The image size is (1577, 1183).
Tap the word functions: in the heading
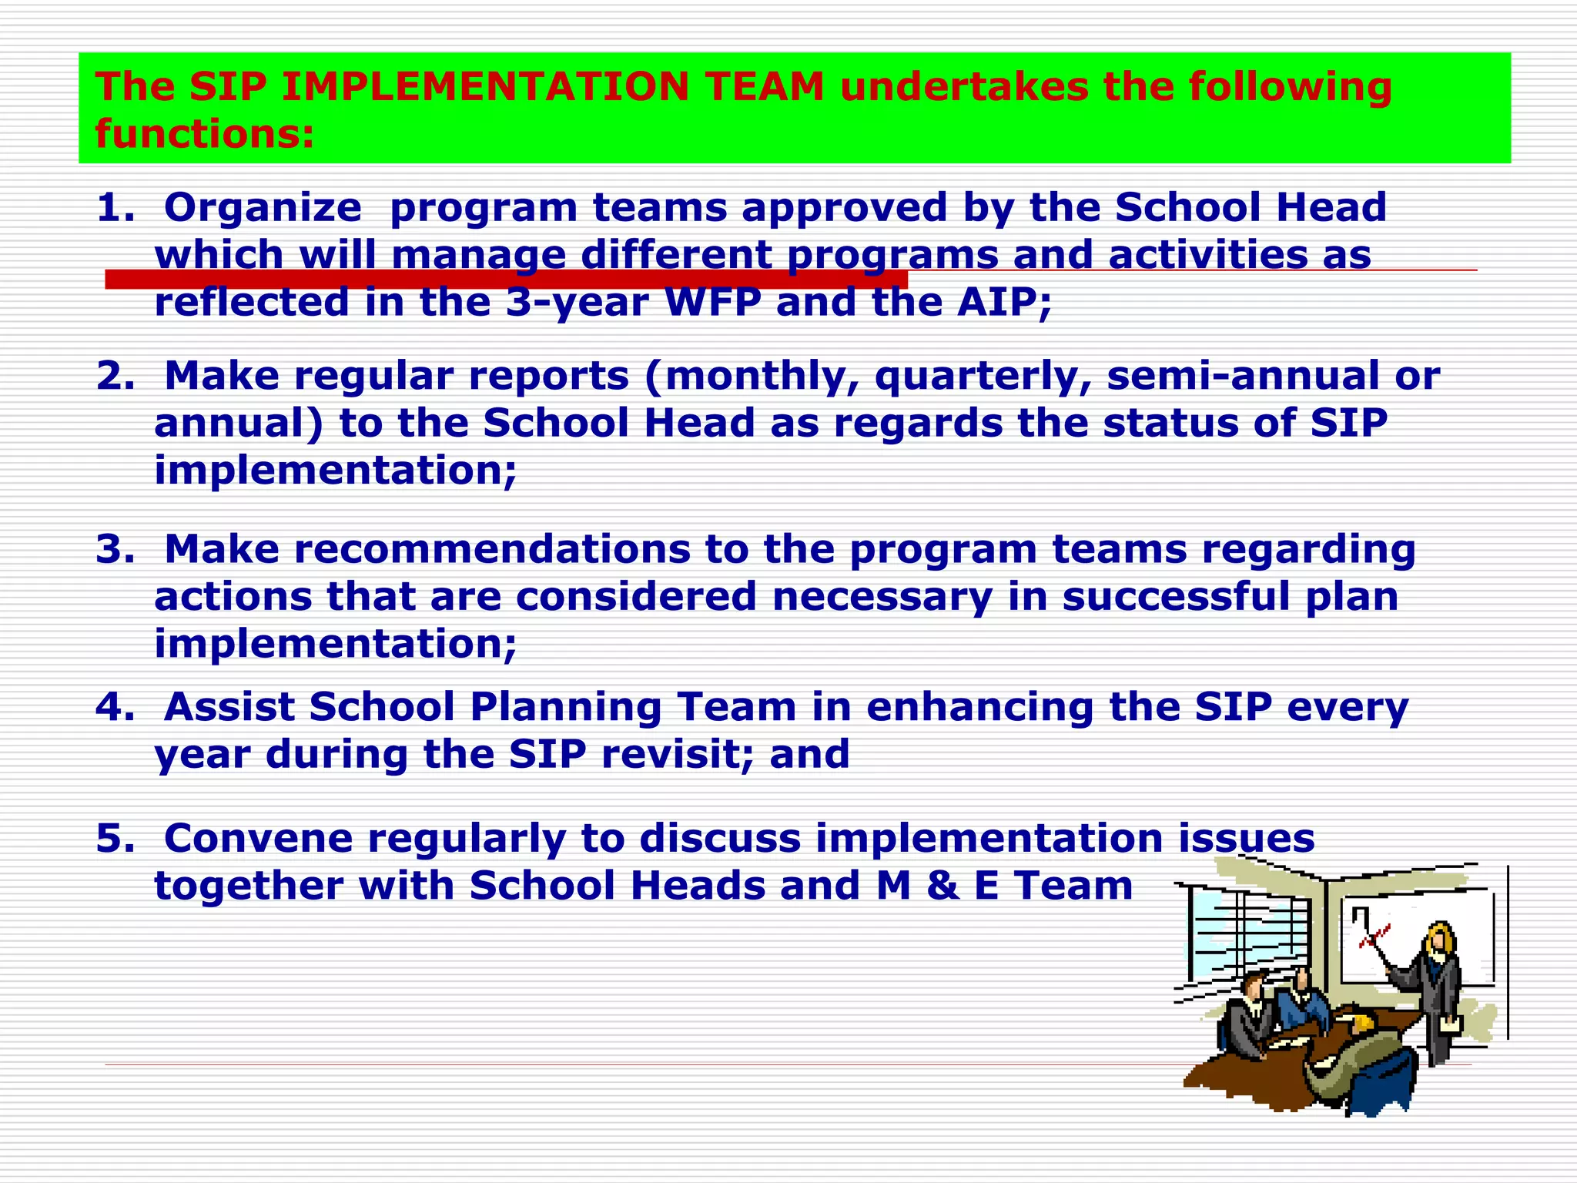coord(205,134)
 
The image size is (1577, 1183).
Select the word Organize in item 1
coord(263,207)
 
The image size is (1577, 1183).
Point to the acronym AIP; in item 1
coord(1004,302)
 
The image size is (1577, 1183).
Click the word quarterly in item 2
coord(982,377)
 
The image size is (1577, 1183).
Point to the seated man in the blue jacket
coord(1305,1001)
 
